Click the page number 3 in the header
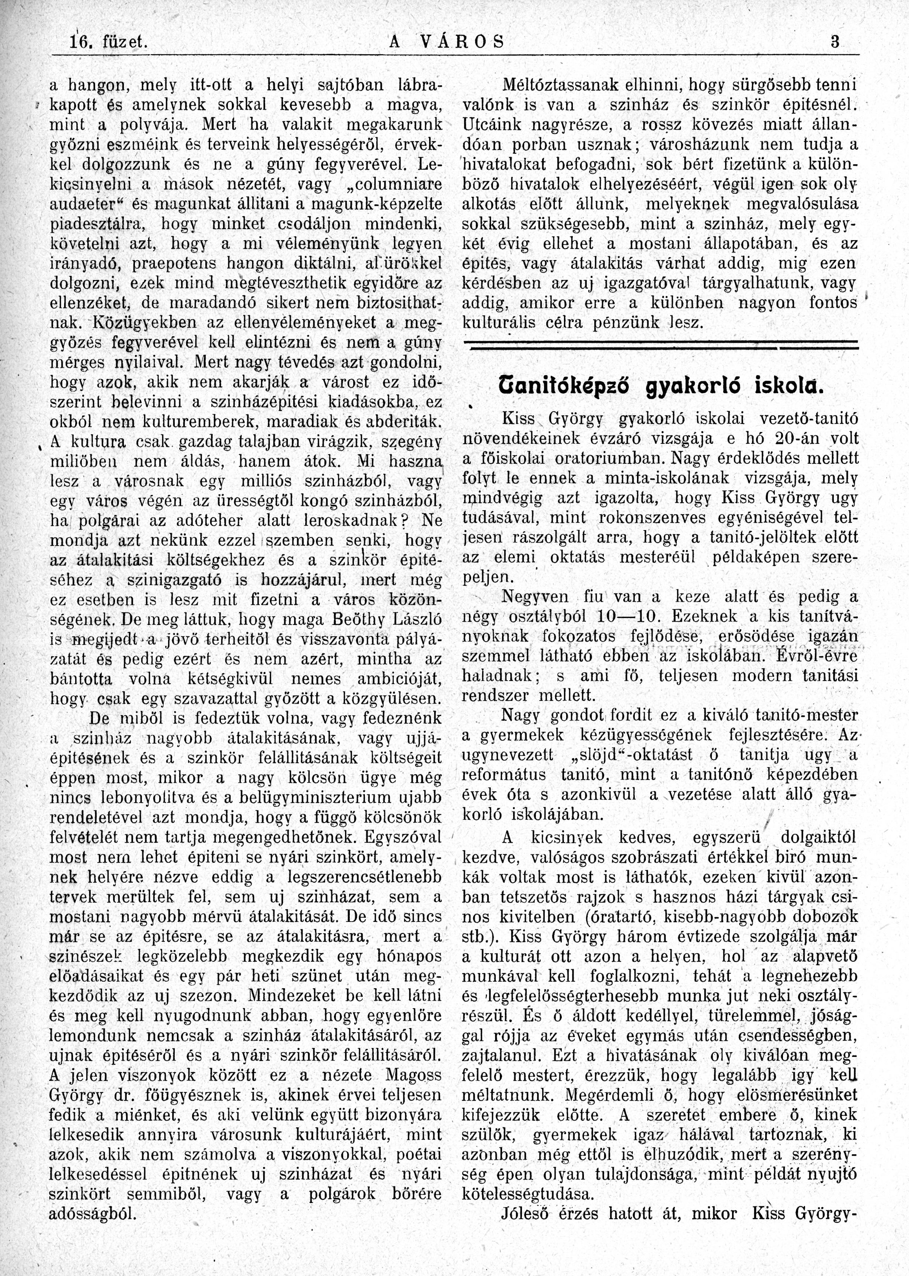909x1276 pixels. coord(835,42)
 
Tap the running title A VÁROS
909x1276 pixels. coord(446,42)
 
